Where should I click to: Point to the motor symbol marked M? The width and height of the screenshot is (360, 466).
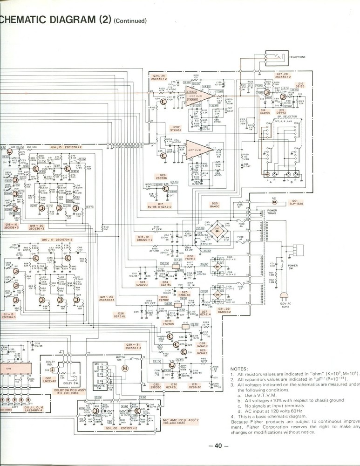(124, 368)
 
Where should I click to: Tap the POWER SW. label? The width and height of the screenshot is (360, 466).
(293, 267)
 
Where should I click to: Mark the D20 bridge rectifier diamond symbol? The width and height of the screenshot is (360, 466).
(218, 229)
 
